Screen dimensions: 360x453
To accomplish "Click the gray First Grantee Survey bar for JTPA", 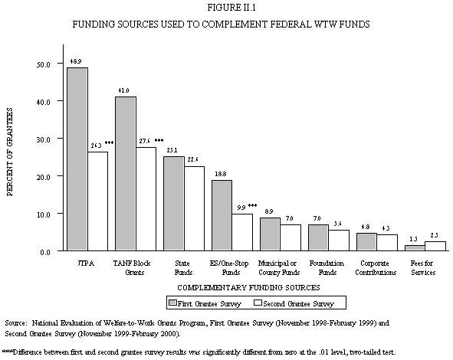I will (x=77, y=159).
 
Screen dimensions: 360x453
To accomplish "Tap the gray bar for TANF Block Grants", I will (x=126, y=174).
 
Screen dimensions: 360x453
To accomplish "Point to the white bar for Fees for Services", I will (x=435, y=246).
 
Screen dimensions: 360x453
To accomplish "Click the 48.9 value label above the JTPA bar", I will (x=77, y=60).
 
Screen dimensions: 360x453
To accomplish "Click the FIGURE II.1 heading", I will (x=222, y=8).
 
